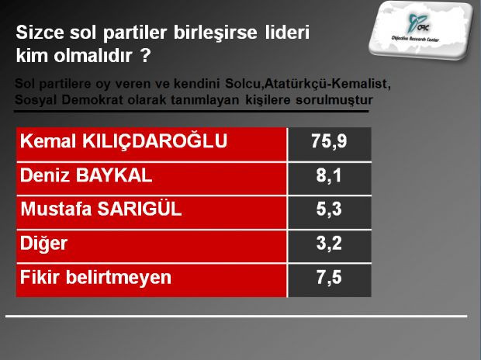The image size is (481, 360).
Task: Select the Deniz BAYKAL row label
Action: [85, 176]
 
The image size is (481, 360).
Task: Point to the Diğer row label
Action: [44, 244]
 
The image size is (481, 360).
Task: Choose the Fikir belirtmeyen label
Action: [95, 277]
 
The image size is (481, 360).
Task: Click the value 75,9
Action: [330, 143]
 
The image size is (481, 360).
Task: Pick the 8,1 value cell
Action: [330, 176]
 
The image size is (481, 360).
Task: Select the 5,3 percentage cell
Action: [330, 209]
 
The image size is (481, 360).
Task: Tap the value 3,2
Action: [330, 244]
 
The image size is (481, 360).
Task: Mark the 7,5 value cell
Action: [330, 277]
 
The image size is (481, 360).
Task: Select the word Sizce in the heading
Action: [39, 35]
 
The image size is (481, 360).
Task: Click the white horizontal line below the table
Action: [237, 316]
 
